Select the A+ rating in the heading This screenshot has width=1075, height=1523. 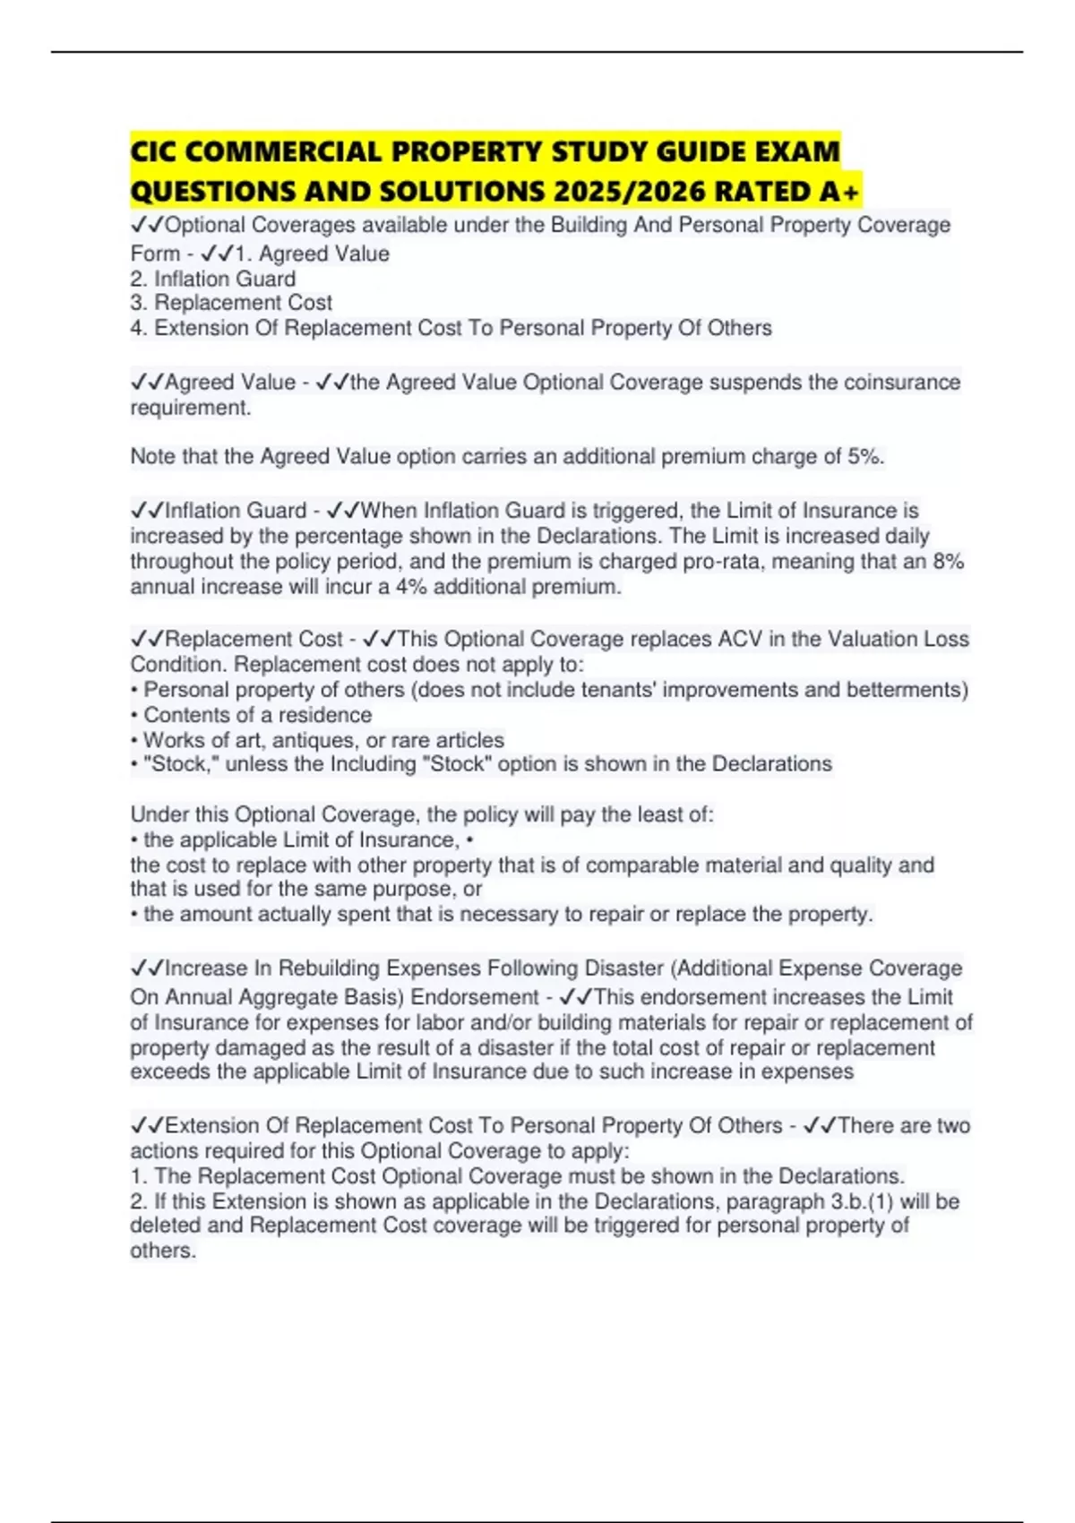pos(838,191)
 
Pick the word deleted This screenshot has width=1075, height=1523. pos(166,1225)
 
